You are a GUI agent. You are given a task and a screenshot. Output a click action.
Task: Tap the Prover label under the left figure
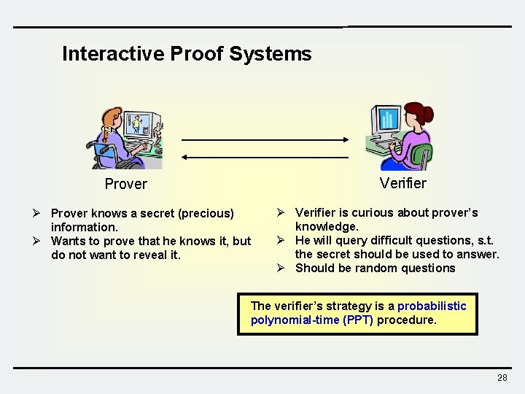pyautogui.click(x=125, y=184)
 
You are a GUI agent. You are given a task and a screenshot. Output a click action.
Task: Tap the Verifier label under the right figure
pyautogui.click(x=402, y=183)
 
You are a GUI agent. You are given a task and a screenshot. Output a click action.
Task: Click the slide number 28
pyautogui.click(x=502, y=377)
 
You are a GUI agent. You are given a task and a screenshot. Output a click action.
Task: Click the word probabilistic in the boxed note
pyautogui.click(x=432, y=306)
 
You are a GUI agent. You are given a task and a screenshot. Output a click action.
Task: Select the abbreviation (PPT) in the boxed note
pyautogui.click(x=357, y=320)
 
